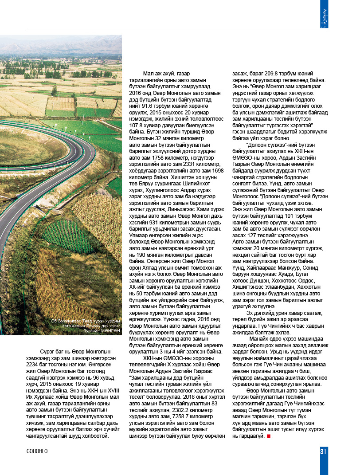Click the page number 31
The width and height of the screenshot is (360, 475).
[323, 451]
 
